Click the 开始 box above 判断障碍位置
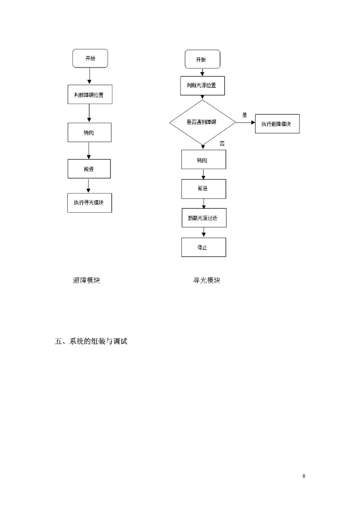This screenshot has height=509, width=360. coord(90,58)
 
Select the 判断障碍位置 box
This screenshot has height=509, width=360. coord(90,95)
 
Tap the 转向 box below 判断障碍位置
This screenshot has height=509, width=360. coord(89,133)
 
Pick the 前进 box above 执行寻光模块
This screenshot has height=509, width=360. coord(89,169)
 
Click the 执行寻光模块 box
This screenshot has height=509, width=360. coord(90,203)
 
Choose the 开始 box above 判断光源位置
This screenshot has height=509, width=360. coord(202,59)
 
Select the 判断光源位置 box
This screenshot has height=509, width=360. coord(202,86)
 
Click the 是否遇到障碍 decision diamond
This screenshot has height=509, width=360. coord(202,122)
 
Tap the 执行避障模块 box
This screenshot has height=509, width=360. coord(277,124)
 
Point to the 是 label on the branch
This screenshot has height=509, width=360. coord(244,115)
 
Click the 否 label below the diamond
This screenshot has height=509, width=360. coord(222,143)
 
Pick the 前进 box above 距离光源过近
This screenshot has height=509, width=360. coord(204,189)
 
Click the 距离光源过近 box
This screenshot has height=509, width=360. coord(204,218)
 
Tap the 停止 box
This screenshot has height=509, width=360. coord(204,247)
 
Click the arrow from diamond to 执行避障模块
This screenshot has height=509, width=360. coord(246,122)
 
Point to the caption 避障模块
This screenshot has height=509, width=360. coord(86,280)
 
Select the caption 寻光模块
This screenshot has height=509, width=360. coord(207,280)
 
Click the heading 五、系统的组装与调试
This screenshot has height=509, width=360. coord(91,341)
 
